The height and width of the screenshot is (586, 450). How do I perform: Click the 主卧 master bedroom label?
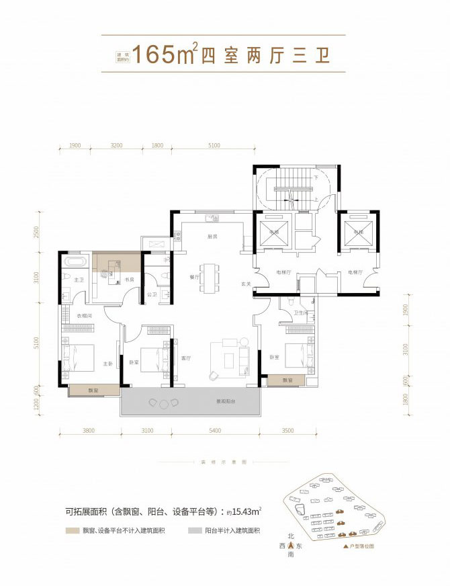point(108,364)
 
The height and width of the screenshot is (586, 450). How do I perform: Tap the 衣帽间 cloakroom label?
point(83,316)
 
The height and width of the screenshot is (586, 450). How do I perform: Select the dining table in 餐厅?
point(211,278)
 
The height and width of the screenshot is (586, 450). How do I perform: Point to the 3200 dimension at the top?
point(116,145)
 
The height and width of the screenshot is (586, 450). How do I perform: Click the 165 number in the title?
point(154,54)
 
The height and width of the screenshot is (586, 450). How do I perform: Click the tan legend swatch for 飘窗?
point(70,531)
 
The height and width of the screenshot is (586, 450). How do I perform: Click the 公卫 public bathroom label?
point(152,294)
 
